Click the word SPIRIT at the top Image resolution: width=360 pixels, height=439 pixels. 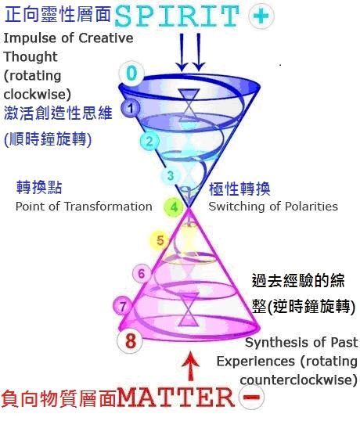[x=177, y=16]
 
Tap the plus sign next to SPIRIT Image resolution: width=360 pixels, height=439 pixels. [x=261, y=16]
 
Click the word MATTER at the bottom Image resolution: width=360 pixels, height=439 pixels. [x=176, y=397]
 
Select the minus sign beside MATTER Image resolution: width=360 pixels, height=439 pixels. [x=251, y=397]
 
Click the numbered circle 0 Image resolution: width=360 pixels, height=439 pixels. [x=131, y=73]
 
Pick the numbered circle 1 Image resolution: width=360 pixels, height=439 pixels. [x=131, y=108]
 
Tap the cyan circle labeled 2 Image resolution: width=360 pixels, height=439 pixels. [x=149, y=141]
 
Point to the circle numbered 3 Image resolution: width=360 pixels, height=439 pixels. [x=171, y=176]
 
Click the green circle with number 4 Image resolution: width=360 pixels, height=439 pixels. [x=174, y=207]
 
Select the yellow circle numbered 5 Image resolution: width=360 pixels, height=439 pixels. [x=160, y=240]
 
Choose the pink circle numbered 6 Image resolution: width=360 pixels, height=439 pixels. [x=142, y=273]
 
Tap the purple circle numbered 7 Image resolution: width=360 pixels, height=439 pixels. [x=123, y=306]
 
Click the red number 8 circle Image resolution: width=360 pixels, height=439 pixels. [x=131, y=340]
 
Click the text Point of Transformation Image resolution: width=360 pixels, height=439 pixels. [x=84, y=207]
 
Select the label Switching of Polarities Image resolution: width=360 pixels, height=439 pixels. [x=273, y=207]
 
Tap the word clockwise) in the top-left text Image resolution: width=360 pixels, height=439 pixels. [x=38, y=95]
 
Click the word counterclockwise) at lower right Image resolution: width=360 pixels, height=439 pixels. [x=298, y=380]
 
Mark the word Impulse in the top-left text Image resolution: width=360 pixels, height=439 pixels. [x=30, y=38]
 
